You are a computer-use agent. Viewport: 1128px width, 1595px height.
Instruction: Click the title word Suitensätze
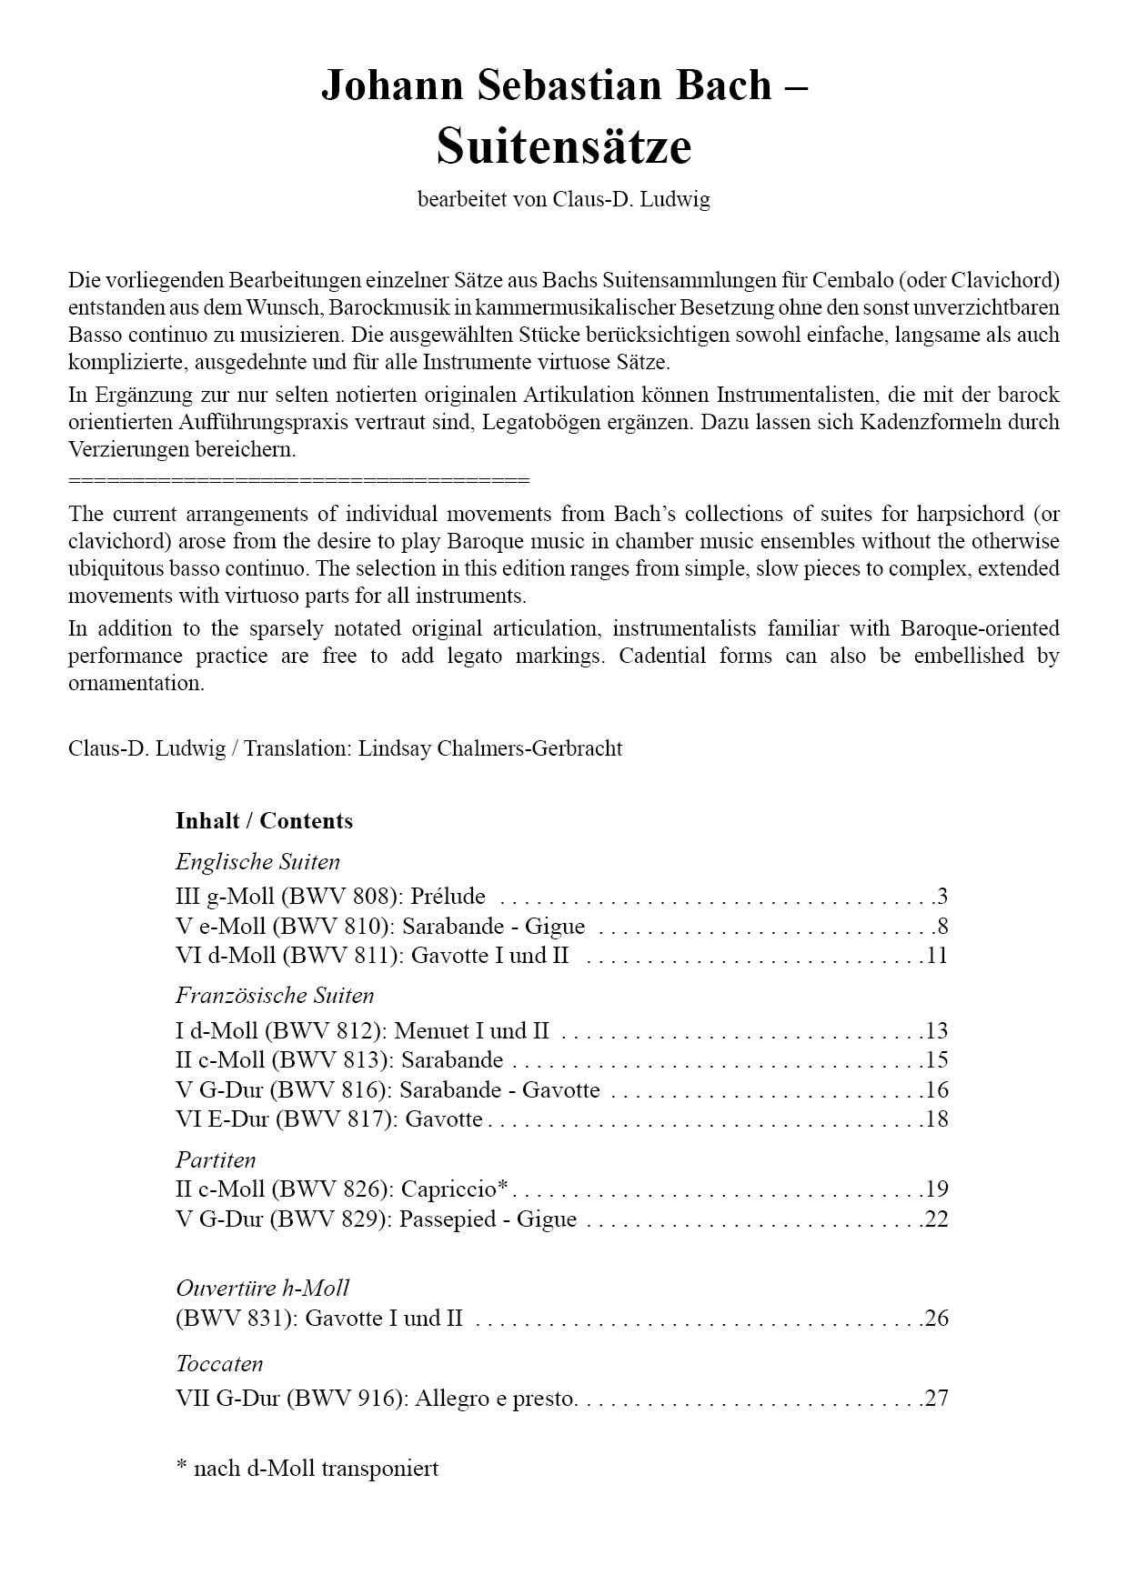pos(564,146)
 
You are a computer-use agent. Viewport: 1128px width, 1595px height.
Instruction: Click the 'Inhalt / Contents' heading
pos(264,821)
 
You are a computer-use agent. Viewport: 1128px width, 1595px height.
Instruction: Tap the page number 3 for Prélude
pos(942,897)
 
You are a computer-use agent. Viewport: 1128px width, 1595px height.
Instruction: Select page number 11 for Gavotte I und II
pos(937,956)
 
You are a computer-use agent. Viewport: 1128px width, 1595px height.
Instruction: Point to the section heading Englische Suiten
pos(257,862)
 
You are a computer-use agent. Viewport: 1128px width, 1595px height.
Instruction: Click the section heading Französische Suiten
pos(275,996)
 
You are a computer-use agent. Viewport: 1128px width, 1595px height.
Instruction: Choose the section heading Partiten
pos(216,1160)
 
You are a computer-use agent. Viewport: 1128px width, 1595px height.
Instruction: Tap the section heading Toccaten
pos(219,1364)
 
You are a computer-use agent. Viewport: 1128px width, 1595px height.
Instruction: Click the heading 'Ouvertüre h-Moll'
pos(262,1289)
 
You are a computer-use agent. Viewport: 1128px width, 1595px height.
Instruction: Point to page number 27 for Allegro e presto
pos(937,1399)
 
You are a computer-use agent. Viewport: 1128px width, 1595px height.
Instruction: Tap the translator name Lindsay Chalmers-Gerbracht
pos(490,749)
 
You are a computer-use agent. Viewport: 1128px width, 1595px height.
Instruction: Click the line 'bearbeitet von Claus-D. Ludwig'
pos(564,200)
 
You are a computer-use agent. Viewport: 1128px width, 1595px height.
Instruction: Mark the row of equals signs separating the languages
pos(298,480)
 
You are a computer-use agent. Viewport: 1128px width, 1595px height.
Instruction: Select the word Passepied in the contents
pos(449,1219)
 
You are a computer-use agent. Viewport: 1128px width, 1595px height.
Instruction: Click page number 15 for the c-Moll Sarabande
pos(937,1060)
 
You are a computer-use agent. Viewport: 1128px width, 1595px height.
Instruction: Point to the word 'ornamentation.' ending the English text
pos(136,684)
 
